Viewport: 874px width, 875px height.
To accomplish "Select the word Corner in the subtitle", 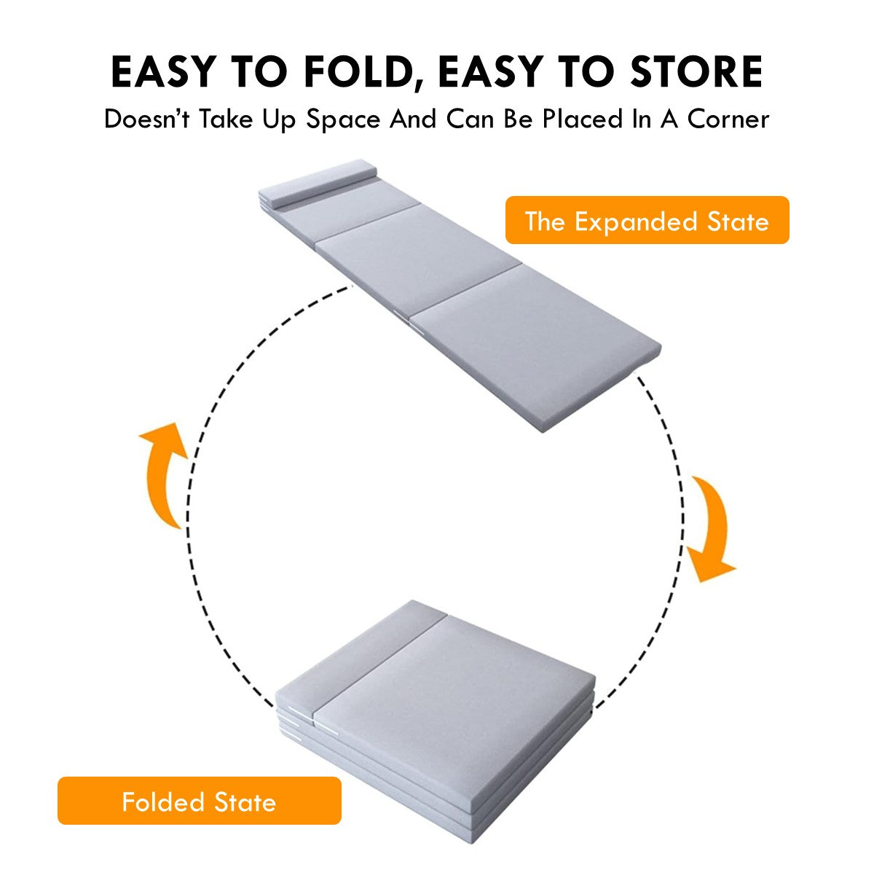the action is click(728, 119).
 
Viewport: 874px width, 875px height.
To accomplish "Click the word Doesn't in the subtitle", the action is click(146, 119).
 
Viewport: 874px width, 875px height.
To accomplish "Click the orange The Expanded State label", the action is click(647, 220).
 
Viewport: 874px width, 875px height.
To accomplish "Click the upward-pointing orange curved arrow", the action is click(163, 475).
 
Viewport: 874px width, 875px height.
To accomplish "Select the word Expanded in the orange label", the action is click(636, 222).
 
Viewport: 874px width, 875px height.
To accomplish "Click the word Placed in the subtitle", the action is click(583, 119).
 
